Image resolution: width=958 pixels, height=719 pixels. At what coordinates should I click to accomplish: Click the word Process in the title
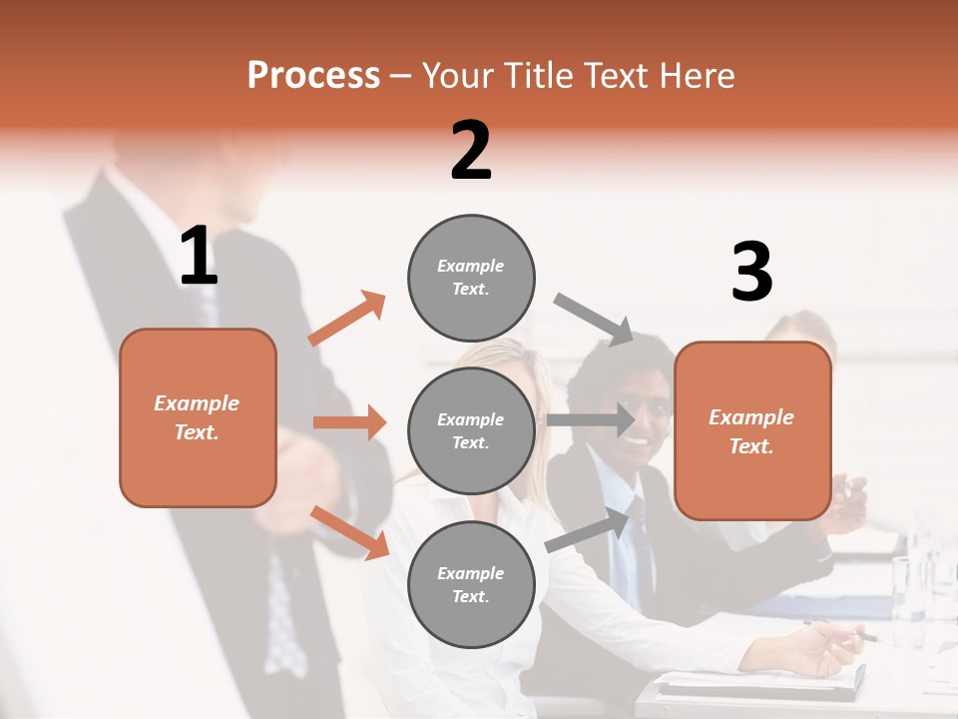313,75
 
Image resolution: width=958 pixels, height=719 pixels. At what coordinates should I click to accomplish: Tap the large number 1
199,257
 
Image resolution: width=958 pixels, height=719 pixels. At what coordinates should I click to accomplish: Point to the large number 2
471,151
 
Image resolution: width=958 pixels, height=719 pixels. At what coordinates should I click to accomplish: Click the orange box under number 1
198,417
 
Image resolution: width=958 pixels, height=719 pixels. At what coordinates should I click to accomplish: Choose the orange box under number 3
752,430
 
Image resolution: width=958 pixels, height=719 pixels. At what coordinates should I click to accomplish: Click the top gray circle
471,278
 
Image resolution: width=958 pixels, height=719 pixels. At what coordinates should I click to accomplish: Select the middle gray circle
471,430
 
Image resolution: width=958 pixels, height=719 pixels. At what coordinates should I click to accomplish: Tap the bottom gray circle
471,584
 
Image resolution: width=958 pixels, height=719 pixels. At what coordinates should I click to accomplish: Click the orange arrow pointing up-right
347,319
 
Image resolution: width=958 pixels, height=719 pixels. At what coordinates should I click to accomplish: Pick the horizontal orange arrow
349,422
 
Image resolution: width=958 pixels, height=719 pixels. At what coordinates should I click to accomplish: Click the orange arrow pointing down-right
349,531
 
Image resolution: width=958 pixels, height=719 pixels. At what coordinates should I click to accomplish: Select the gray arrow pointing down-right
594,319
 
